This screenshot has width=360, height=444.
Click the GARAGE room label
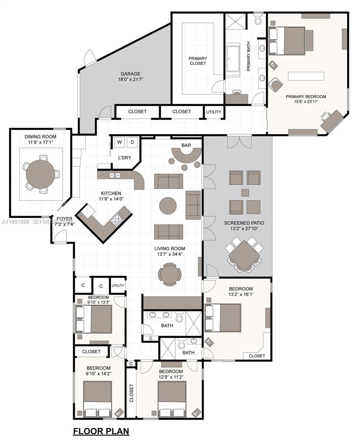[130, 74]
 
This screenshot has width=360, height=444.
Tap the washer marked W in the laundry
[120, 142]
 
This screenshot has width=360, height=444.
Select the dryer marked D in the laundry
[132, 142]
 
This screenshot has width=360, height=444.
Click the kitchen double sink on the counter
[114, 175]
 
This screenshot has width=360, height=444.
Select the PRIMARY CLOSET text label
[198, 61]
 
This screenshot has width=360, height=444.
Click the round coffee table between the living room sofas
[168, 206]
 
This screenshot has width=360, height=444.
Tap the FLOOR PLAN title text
[101, 431]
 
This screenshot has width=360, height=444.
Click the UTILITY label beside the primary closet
[214, 112]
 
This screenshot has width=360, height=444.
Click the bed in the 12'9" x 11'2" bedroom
[171, 398]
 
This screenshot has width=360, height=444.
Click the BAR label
[186, 145]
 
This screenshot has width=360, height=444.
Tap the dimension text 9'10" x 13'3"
[99, 302]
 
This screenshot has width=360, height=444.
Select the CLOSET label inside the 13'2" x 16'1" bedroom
[257, 356]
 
